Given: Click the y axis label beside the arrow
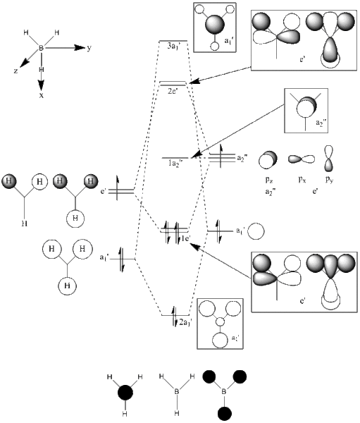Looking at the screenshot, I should (x=89, y=48).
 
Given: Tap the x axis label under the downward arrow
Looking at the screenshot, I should (x=42, y=94).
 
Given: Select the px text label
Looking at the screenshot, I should (x=297, y=180).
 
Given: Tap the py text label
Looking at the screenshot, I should (x=328, y=180).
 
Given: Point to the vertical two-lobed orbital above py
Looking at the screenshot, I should (x=328, y=158).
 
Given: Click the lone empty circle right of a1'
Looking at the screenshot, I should (x=257, y=231).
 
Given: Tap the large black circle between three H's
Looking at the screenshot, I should (x=125, y=391).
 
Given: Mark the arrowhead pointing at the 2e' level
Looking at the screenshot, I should (x=193, y=83).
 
